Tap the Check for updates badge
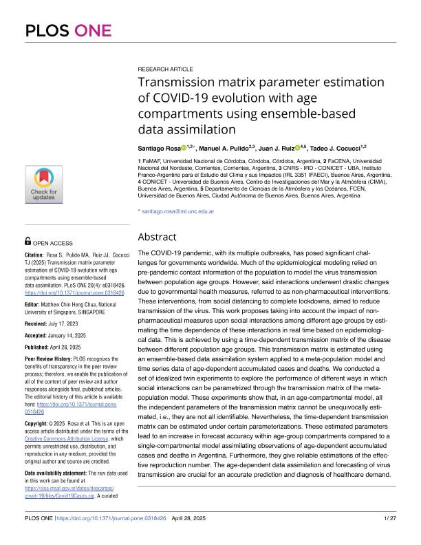(45, 184)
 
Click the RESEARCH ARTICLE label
(166, 70)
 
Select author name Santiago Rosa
(160, 148)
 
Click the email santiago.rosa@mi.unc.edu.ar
(178, 211)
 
